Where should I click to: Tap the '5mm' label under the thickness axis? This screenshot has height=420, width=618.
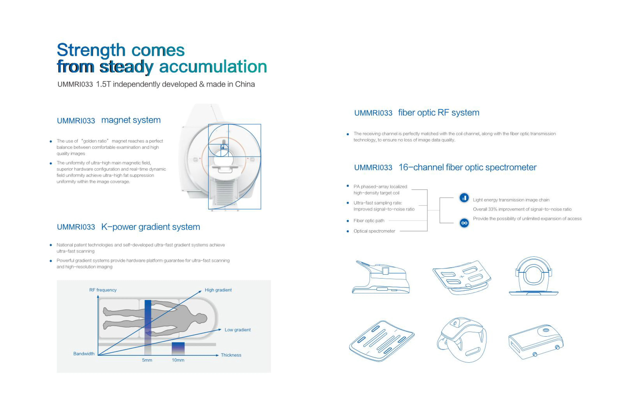[x=147, y=360]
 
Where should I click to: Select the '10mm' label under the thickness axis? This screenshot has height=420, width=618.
[x=178, y=360]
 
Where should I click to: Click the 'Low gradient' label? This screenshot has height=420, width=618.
[x=238, y=330]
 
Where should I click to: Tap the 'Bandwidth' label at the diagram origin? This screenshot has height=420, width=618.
[x=84, y=354]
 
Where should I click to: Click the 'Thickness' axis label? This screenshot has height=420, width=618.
[x=231, y=355]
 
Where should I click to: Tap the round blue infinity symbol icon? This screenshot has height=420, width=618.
[x=464, y=223]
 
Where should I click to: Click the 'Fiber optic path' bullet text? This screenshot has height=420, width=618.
[x=369, y=221]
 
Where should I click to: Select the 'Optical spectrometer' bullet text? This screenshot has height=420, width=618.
[x=374, y=231]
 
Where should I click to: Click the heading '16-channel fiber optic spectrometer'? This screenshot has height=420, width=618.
[x=467, y=167]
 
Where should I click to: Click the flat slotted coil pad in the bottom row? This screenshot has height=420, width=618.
[x=381, y=341]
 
